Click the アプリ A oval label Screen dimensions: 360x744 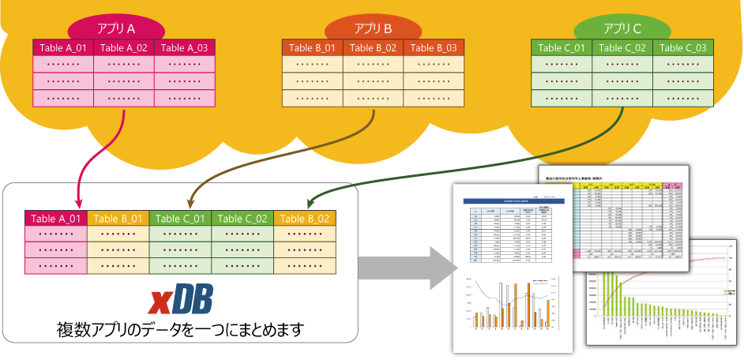(x=116, y=28)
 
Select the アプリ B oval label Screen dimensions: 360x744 (x=373, y=28)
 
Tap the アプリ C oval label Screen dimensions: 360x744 (x=622, y=28)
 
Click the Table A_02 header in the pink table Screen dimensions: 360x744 (x=124, y=48)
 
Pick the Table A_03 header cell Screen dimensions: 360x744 (x=184, y=48)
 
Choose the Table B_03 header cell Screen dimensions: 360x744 (x=434, y=48)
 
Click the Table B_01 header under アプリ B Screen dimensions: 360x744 (x=312, y=48)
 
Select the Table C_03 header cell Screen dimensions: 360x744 (x=683, y=48)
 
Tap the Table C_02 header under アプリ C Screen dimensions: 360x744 (x=622, y=48)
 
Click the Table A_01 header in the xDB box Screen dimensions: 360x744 (x=56, y=219)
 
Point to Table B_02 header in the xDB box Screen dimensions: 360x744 (x=305, y=219)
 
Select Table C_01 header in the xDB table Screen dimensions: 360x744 (x=180, y=219)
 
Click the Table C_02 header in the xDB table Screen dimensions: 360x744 (x=242, y=219)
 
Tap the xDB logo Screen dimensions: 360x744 (x=182, y=302)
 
